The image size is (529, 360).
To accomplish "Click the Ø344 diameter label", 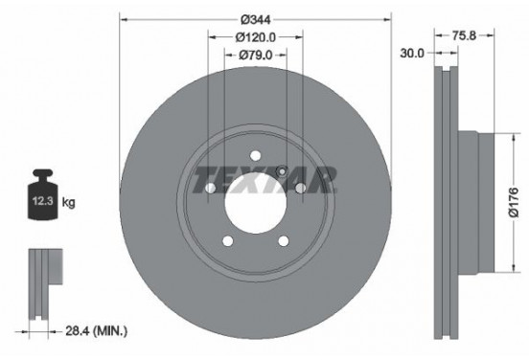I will [254, 18].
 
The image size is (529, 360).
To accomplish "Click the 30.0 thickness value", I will [413, 54].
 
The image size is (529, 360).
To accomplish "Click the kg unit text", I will [68, 203].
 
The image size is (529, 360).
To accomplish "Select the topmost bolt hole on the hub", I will [255, 156].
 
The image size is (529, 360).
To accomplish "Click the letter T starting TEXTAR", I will [203, 179].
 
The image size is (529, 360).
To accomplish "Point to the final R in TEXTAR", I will [326, 179].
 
